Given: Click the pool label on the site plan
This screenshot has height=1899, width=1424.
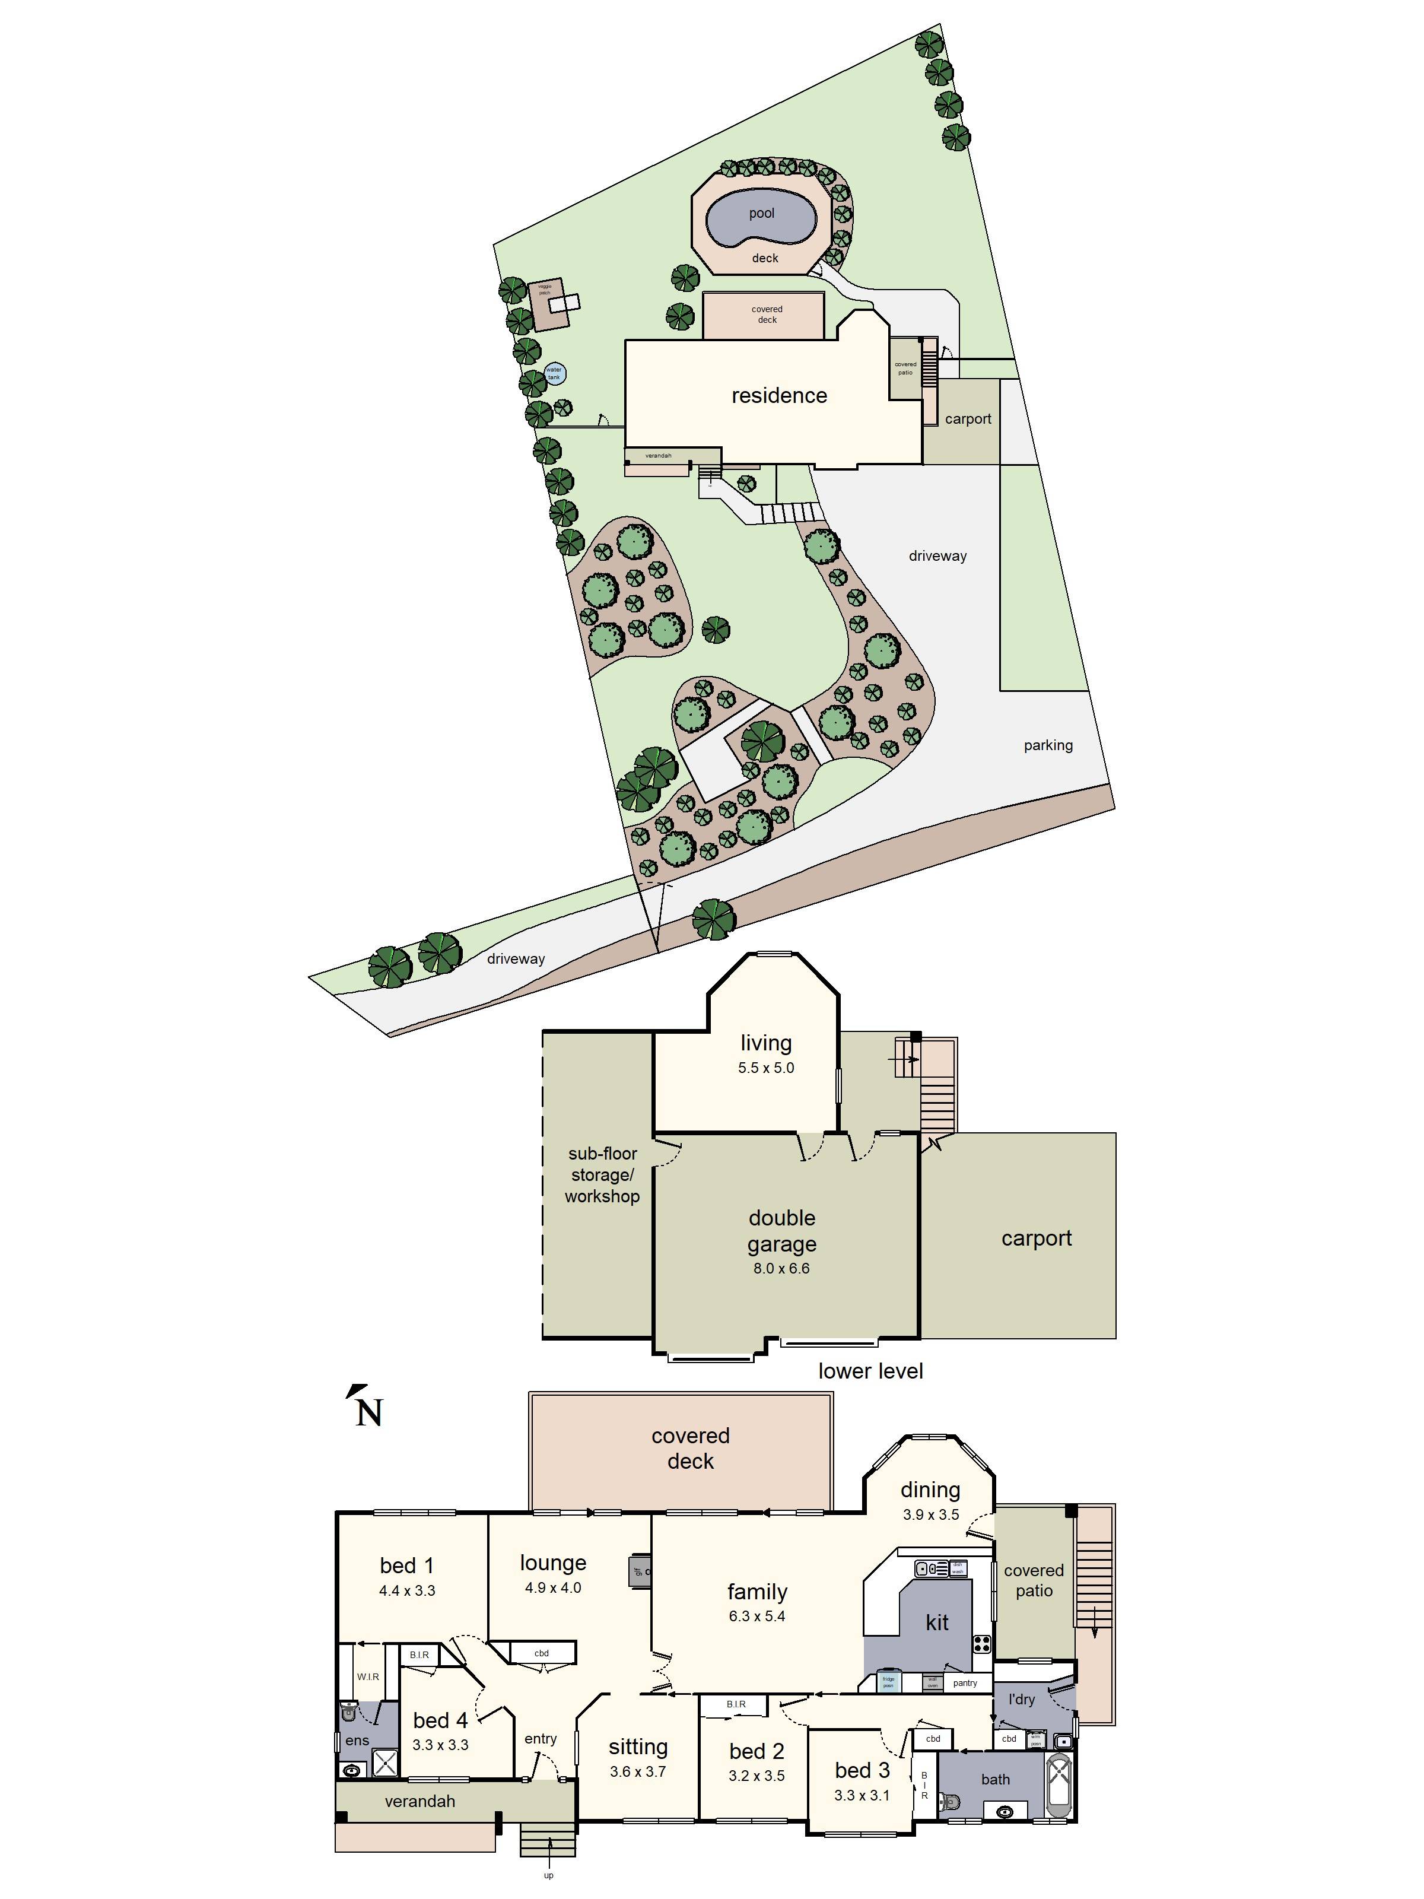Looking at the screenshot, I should [x=761, y=213].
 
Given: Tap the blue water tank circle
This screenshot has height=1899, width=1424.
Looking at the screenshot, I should [x=555, y=373].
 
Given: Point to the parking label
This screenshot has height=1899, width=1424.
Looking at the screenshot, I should [x=1047, y=745].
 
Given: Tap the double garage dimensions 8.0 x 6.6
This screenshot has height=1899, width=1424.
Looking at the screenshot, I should [x=780, y=1268].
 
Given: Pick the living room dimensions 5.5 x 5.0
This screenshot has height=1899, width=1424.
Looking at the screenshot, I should [x=765, y=1068].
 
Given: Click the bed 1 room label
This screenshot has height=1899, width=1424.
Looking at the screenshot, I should [x=407, y=1565].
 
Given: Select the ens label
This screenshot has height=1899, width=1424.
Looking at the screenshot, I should [x=357, y=1740].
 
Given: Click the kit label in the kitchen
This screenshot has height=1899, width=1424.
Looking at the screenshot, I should [x=936, y=1622].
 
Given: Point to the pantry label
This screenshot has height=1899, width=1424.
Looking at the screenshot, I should [x=964, y=1682].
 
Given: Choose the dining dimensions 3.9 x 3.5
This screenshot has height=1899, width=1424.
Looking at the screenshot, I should [x=930, y=1514].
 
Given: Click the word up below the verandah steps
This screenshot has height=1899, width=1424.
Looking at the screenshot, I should [x=548, y=1875].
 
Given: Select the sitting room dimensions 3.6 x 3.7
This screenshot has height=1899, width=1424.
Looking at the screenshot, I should [x=638, y=1771].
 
